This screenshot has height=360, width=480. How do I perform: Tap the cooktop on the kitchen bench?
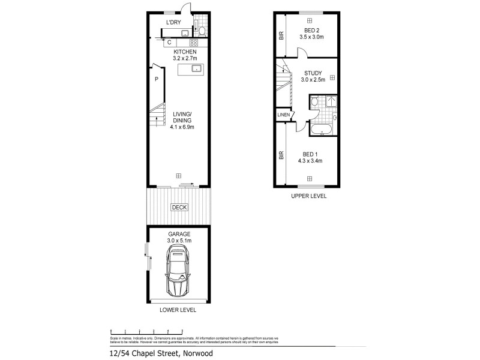click(194, 43)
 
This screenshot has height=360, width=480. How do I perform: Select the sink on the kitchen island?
click(196, 69)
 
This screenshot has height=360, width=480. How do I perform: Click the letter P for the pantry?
click(156, 79)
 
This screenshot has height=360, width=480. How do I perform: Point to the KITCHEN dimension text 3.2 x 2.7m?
click(178, 59)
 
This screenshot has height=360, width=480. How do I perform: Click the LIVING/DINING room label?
click(182, 117)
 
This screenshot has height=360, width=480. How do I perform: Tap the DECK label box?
click(179, 208)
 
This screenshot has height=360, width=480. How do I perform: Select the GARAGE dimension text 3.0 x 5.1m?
click(179, 241)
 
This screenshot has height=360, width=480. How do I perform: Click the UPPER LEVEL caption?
click(308, 196)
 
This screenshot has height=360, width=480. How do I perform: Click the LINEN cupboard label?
click(283, 115)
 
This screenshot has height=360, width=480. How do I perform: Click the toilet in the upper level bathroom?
click(315, 103)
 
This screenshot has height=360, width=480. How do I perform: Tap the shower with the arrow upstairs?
click(331, 101)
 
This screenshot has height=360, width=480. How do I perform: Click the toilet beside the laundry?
click(202, 31)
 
